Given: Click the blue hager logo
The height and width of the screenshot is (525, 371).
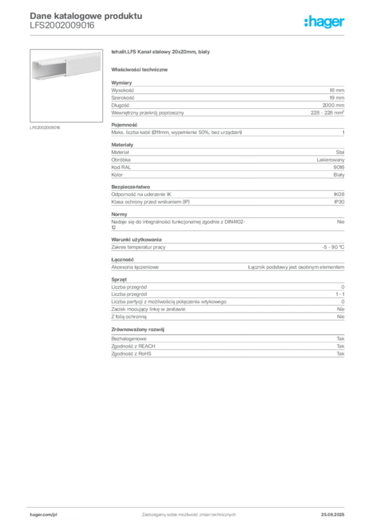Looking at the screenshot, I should [325, 22].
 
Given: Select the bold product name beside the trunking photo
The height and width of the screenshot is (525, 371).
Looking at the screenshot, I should [161, 53].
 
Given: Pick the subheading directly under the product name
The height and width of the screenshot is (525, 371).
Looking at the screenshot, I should [141, 69].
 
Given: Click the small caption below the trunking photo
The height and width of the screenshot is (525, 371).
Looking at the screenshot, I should [45, 127].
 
